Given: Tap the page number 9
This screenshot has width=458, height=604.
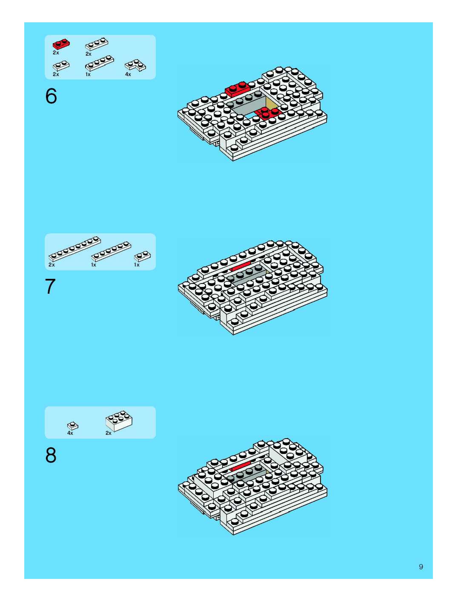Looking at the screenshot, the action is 421,567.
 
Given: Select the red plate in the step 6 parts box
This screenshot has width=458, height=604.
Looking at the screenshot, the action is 61,44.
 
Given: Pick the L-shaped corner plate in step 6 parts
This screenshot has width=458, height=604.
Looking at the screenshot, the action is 135,65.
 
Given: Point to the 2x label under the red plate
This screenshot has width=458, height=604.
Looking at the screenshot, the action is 56,53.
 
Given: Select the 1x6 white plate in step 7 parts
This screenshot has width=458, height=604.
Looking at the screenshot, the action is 111,251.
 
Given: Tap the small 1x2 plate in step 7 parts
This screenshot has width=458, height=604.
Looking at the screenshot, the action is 142,256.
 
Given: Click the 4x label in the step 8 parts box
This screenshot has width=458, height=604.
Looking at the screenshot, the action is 70,433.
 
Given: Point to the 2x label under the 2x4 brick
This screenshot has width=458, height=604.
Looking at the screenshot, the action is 109,433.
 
